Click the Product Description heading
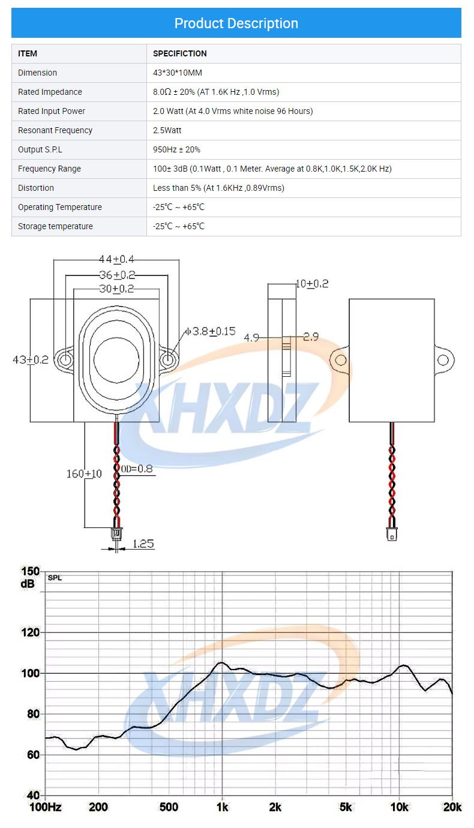[236, 23]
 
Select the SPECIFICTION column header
[179, 53]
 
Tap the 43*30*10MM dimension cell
[178, 73]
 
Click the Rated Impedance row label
[50, 92]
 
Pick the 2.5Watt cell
[167, 130]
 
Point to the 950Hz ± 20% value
[177, 150]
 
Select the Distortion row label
[36, 188]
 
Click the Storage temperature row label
[55, 226]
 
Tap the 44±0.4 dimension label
[116, 259]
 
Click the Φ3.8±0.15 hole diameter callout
[210, 331]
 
